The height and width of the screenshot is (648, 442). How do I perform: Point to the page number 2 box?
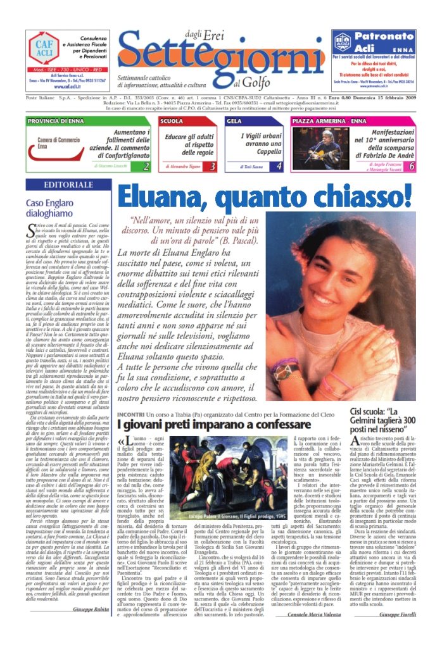pyautogui.click(x=146, y=166)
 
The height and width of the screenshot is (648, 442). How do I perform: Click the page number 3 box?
pyautogui.click(x=213, y=166)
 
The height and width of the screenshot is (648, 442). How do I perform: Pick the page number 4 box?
pyautogui.click(x=279, y=166)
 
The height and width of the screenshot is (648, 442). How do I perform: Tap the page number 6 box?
pyautogui.click(x=412, y=166)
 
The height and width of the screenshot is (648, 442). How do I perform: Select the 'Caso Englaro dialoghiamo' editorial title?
pyautogui.click(x=53, y=209)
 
